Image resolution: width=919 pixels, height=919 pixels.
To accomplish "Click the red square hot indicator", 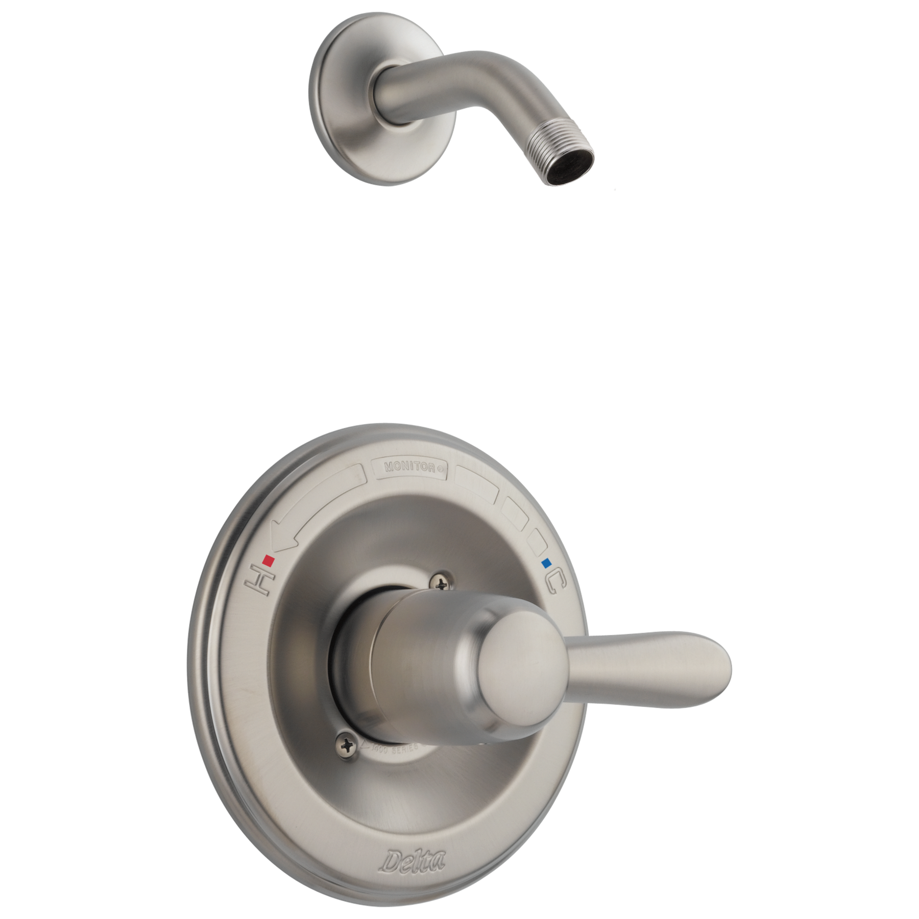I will click(268, 562).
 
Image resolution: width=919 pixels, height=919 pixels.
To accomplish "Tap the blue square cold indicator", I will click(548, 563).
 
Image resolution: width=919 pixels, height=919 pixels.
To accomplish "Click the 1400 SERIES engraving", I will click(398, 747).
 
